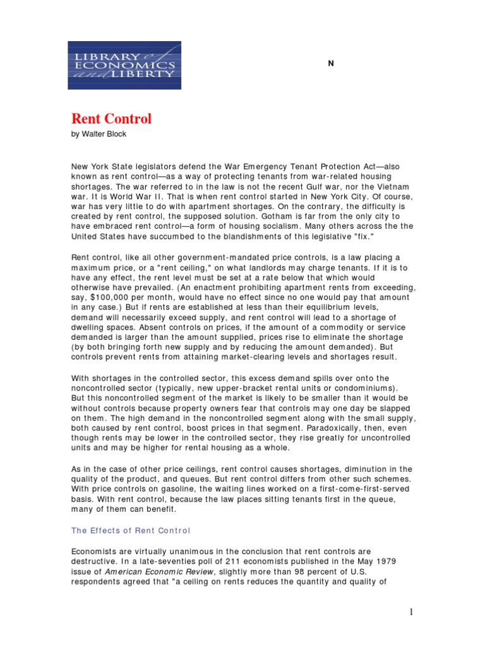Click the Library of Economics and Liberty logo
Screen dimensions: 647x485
124,65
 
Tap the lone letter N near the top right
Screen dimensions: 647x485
331,63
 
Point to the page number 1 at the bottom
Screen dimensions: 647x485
410,612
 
